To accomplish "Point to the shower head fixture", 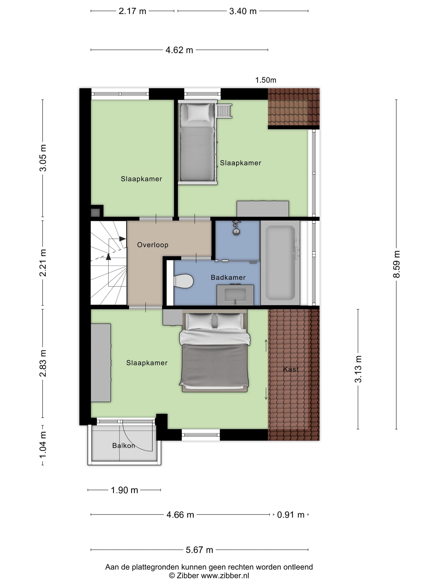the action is (x=236, y=228).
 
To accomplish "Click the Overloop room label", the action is (x=153, y=245).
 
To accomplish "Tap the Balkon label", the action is (x=124, y=446).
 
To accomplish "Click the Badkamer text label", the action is (x=228, y=277).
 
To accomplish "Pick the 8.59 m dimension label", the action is (x=396, y=264).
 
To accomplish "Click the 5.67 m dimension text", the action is (x=199, y=550).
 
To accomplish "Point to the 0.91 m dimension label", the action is (x=291, y=515).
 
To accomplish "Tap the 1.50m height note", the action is (x=266, y=80).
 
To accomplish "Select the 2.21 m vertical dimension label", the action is (x=43, y=263).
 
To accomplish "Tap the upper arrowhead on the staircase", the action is (x=122, y=239).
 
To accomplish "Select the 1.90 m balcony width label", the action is (x=124, y=490).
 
